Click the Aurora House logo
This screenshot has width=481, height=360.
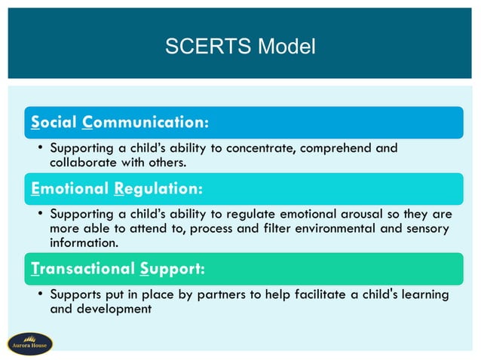pos(29,344)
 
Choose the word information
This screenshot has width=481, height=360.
pos(84,243)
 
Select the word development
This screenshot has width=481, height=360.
pos(114,308)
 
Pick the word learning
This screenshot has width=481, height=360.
pos(424,294)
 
